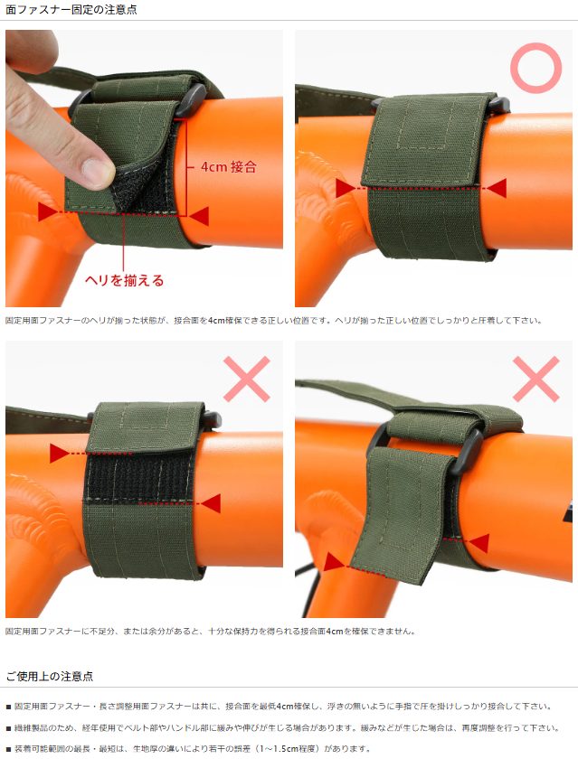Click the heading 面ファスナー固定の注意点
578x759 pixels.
click(71, 10)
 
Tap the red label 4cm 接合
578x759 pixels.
click(229, 167)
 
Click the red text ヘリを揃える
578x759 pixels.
click(125, 280)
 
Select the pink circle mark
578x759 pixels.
click(535, 68)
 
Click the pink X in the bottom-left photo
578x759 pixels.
click(247, 379)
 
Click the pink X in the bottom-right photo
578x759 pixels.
click(535, 379)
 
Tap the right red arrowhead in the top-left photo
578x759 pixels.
click(199, 216)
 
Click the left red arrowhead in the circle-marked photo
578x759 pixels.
click(345, 188)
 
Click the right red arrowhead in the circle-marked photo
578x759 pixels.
click(497, 188)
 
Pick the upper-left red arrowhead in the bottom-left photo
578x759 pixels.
click(59, 453)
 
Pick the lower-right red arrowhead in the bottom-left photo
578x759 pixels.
click(211, 503)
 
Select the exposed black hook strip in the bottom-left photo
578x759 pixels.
click(140, 477)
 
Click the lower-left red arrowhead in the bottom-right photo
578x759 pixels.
click(335, 562)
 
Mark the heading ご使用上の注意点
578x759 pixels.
click(50, 676)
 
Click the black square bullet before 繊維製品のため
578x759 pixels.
click(8, 728)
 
